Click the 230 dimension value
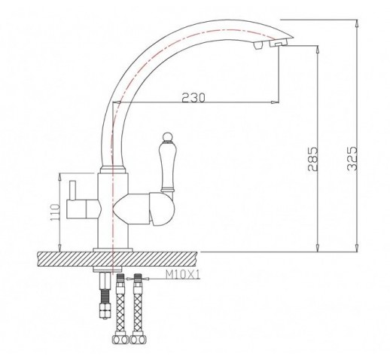[193, 98]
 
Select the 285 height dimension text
[312, 159]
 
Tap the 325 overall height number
[352, 158]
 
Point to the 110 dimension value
[56, 212]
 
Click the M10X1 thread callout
[183, 275]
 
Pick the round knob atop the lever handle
[166, 137]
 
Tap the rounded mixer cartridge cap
[162, 209]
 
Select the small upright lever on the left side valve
[73, 191]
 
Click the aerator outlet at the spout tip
[278, 44]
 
